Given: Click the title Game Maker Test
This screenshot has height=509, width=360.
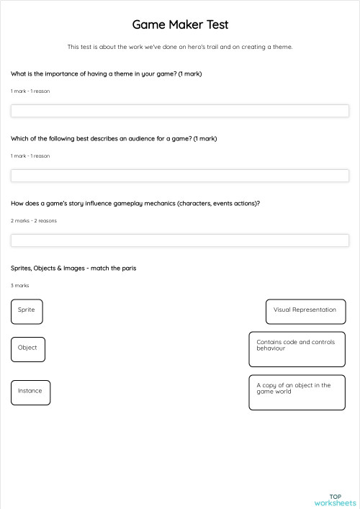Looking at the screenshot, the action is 180,25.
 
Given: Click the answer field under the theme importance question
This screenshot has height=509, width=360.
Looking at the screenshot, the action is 180,111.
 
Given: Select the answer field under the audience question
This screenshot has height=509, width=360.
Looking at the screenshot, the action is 180,176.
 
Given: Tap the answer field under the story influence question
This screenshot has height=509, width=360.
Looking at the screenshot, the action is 180,240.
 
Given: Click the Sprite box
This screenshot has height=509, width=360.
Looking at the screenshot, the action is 27,311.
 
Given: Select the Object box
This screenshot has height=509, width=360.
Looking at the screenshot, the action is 28,349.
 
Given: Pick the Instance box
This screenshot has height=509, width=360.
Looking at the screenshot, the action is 30,392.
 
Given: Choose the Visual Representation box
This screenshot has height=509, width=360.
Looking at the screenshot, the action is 305,311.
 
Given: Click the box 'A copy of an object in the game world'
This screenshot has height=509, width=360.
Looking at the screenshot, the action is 296,392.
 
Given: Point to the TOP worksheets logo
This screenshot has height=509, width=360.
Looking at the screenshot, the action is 335,499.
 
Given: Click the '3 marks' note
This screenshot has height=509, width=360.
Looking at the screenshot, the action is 20,286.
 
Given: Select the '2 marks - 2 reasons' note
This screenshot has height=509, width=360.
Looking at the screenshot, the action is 34,221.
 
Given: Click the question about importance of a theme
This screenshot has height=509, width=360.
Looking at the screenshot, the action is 106,74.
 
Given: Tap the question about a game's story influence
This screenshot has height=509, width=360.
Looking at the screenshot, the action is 135,204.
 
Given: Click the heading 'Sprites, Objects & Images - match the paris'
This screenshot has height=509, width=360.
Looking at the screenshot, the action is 73,269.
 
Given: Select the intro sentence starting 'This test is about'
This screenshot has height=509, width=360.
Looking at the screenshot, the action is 180,48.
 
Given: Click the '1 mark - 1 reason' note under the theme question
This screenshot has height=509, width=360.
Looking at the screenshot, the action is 30,91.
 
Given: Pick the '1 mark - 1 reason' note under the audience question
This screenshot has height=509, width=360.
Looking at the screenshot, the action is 30,156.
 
